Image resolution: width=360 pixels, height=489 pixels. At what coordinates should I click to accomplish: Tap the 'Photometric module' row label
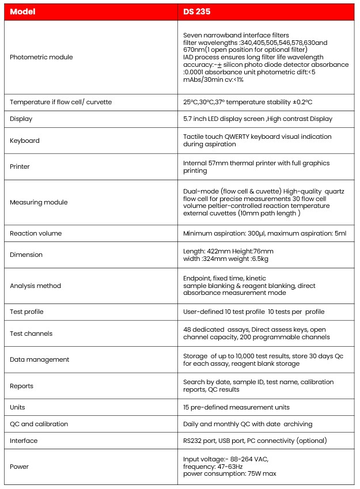pos(41,57)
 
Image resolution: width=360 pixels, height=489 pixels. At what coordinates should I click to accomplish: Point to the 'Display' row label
pos(21,119)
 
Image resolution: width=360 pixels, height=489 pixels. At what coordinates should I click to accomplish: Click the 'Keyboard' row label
pos(25,141)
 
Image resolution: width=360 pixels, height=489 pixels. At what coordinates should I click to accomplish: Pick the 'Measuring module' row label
pos(39,202)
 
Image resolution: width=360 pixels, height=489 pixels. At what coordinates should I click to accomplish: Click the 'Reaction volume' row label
pos(36,233)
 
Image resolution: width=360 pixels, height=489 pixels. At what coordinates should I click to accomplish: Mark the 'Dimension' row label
pos(26,255)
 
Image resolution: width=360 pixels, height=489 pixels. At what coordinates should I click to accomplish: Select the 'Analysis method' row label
pos(35,286)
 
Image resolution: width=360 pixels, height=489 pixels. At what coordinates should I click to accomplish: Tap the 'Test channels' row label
pos(31,333)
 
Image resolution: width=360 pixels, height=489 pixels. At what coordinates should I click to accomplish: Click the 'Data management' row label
pos(39,359)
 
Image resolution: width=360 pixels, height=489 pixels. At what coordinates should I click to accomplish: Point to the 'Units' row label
pos(17,407)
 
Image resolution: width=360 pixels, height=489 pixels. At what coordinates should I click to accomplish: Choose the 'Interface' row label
pos(24,441)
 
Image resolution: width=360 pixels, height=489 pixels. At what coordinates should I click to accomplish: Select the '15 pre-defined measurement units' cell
pos(236,407)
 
